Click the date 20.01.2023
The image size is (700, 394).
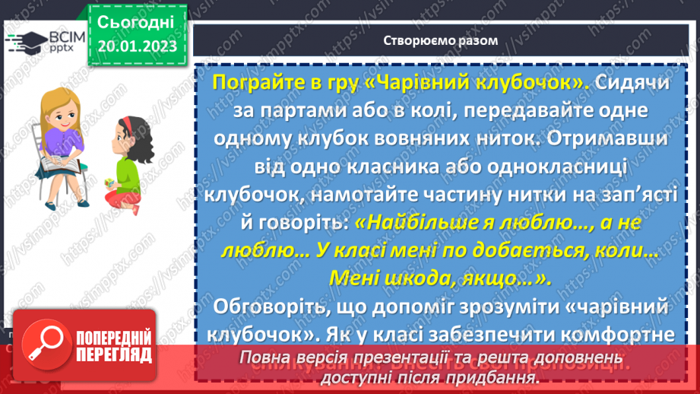point(137,46)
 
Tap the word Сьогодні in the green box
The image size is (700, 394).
point(137,21)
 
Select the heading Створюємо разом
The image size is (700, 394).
point(441,40)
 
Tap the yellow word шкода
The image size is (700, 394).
point(411,278)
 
